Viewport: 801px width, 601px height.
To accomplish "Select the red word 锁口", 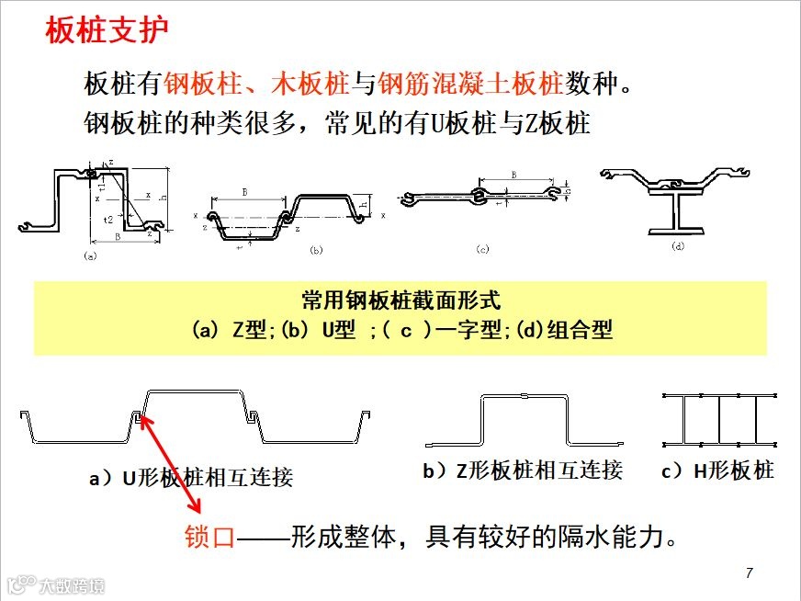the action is [210, 537].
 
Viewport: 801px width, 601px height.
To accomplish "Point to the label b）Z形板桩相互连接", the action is [523, 471].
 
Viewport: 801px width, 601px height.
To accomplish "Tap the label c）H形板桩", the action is [717, 471].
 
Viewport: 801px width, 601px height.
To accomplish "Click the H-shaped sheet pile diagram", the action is [720, 418].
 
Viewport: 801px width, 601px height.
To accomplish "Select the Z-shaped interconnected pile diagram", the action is [523, 417].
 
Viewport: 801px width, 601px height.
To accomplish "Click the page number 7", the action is [749, 573].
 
